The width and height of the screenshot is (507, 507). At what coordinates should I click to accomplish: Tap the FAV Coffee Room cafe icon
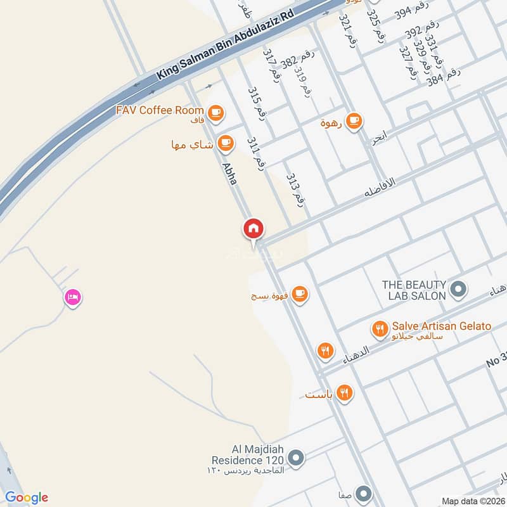tap(216, 112)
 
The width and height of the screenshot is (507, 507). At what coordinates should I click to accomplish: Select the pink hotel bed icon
tap(72, 297)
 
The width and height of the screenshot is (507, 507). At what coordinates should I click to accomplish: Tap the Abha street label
tap(229, 173)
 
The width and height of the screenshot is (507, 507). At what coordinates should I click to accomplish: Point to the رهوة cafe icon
tap(354, 120)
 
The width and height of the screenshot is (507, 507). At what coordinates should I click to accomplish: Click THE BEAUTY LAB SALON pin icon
tap(458, 290)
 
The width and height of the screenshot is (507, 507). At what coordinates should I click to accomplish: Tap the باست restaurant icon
tap(345, 393)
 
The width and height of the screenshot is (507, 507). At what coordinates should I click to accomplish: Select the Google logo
tap(27, 497)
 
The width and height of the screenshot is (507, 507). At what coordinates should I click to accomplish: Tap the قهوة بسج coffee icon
tap(300, 293)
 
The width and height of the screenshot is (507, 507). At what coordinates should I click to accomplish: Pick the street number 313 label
tap(295, 188)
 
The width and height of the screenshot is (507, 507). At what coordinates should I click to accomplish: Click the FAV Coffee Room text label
tap(160, 110)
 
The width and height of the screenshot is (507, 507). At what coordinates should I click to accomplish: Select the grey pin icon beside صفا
tap(363, 493)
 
